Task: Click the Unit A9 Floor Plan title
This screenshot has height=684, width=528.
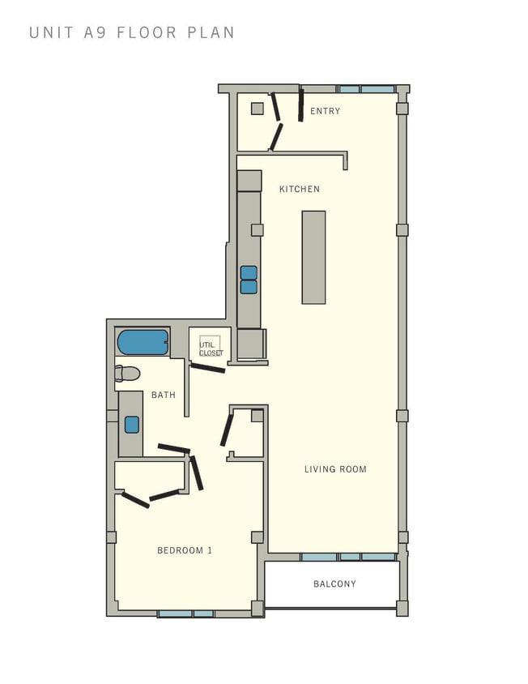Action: coord(132,33)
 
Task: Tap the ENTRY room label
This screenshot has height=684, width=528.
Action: coord(326,112)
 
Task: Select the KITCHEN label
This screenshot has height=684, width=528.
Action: coord(300,190)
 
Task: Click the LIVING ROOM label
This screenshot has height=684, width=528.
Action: coord(335,469)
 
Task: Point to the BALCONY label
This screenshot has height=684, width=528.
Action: coord(334,584)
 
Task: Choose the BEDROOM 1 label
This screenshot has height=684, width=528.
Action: coord(185,551)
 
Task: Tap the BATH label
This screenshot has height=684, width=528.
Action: coord(164,395)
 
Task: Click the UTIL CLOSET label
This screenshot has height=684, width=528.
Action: coord(211,348)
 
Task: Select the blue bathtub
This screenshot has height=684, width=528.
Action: coord(143,342)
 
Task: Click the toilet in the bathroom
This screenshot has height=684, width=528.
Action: coord(128,374)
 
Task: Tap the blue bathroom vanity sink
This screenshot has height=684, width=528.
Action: coord(131,425)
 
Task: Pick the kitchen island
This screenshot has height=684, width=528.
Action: coord(313,257)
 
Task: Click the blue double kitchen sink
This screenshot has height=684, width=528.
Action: coord(249,280)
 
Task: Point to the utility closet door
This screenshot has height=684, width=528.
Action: coord(208,368)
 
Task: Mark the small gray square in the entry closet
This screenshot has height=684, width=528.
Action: coord(257,109)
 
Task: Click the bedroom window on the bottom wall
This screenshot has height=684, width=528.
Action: coord(185,613)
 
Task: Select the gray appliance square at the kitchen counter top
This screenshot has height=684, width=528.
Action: coord(249,181)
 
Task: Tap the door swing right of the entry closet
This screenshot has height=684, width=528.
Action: coord(300,105)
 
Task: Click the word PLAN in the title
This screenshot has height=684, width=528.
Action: coord(210,33)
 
